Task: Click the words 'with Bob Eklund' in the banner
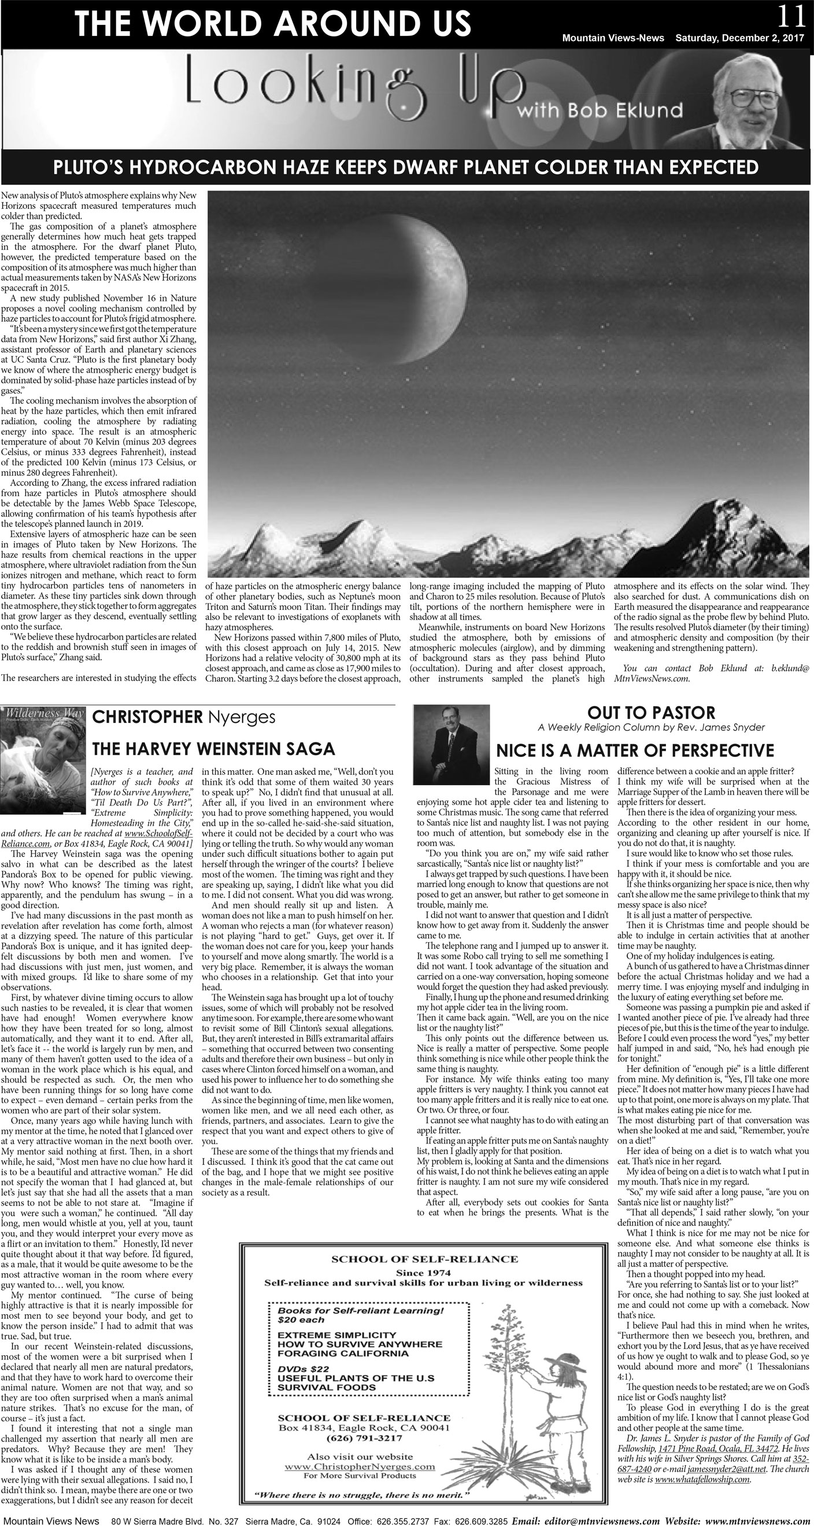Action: (x=599, y=109)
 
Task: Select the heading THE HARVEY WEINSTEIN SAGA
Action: (x=213, y=749)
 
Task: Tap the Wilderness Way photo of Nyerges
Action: (x=43, y=751)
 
